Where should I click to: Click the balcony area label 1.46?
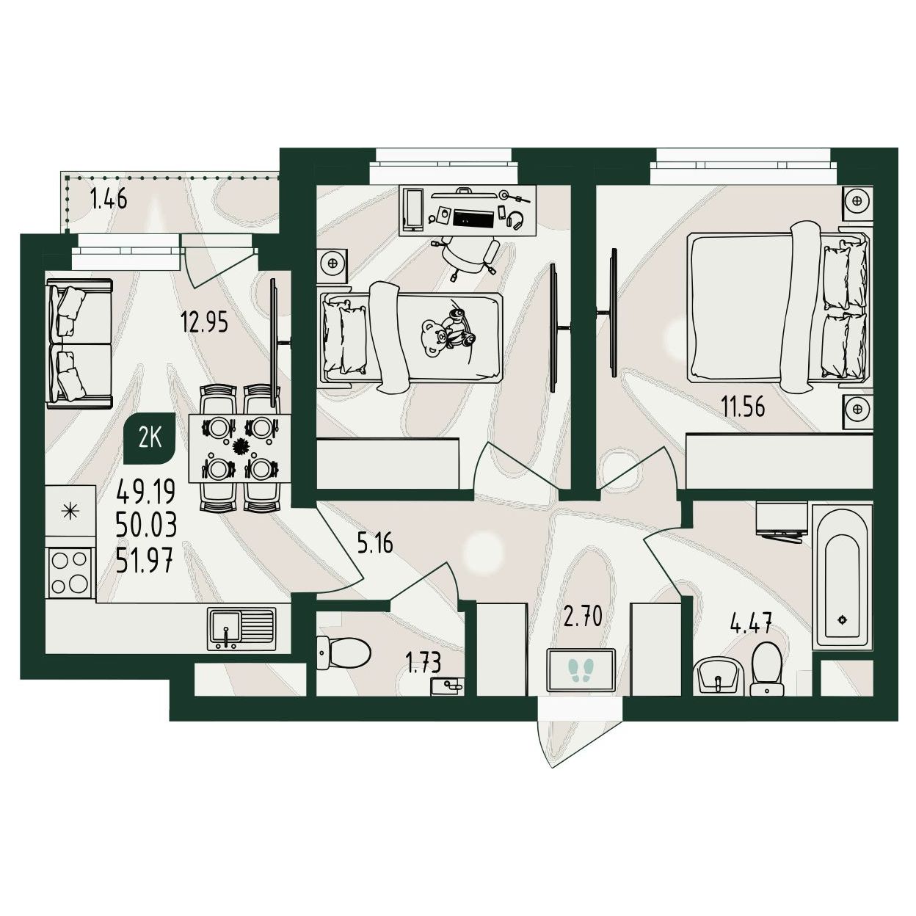coord(109,199)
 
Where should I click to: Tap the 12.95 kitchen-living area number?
coord(204,321)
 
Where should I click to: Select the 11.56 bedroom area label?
coord(744,407)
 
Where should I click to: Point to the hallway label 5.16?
coord(376,543)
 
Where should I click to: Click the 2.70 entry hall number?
coord(583,617)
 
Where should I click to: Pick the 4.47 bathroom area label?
coord(751,622)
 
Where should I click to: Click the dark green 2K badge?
coord(149,439)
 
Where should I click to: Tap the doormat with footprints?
coord(581,670)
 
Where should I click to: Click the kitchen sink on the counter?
coord(241,629)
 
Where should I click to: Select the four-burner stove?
coord(70,572)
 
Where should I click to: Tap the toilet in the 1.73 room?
coord(343,653)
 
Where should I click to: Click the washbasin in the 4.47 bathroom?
coord(719,677)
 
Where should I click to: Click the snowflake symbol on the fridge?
coord(70,512)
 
